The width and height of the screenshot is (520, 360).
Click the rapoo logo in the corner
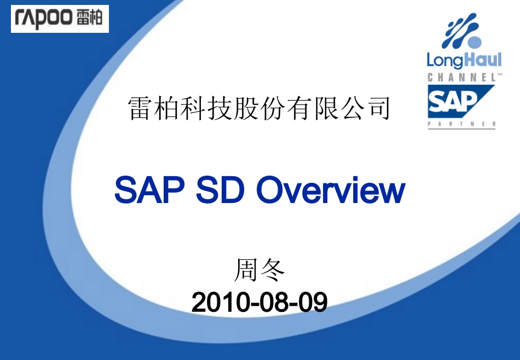[60, 19]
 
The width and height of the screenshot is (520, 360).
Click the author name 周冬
[260, 270]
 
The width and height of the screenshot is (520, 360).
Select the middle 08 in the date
[270, 302]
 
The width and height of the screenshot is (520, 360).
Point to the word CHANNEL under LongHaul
[461, 78]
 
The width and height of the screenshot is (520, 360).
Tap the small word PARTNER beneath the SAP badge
[461, 125]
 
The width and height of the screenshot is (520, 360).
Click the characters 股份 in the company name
[259, 108]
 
